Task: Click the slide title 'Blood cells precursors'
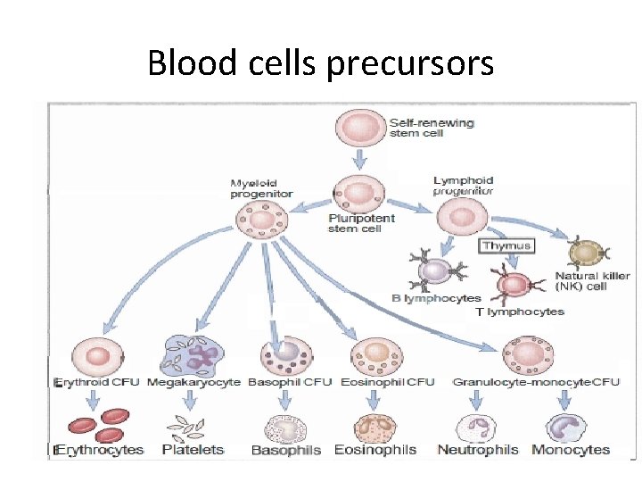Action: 320,62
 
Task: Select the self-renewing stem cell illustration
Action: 358,128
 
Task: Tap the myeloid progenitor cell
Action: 259,220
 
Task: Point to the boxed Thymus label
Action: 506,245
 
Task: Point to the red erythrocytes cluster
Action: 100,424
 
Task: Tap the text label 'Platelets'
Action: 193,450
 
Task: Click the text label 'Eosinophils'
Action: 375,450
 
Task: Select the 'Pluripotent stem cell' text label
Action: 361,223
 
